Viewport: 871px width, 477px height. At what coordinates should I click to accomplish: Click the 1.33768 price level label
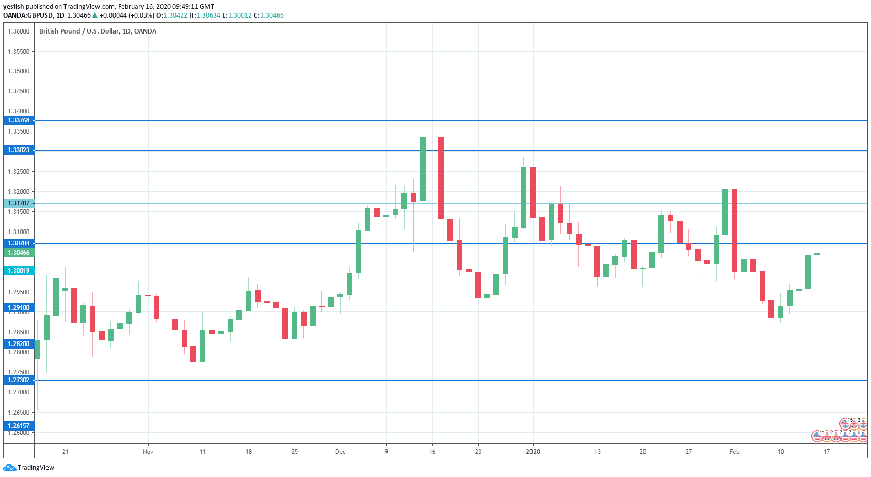click(x=19, y=120)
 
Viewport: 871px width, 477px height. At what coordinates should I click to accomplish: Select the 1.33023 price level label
click(x=19, y=150)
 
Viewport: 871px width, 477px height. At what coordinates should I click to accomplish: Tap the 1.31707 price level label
click(x=19, y=203)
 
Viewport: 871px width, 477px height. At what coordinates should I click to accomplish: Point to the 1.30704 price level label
click(x=19, y=243)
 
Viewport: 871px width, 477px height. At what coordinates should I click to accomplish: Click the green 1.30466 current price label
click(x=19, y=253)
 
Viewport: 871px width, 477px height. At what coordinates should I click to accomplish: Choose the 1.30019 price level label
click(x=19, y=271)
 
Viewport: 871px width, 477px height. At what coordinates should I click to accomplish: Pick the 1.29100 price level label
click(x=19, y=308)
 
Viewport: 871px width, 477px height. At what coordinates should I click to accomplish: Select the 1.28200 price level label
click(x=19, y=344)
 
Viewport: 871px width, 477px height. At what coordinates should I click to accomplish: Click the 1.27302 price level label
click(x=19, y=380)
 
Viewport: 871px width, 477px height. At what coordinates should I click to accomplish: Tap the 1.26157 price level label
click(x=19, y=426)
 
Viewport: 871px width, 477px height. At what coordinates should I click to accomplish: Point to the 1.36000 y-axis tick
click(x=19, y=31)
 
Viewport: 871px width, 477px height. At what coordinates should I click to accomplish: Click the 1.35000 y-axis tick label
click(x=19, y=71)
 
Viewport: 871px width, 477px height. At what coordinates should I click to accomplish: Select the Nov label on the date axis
click(x=148, y=452)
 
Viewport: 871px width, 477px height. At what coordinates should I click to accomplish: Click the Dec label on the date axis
click(x=341, y=452)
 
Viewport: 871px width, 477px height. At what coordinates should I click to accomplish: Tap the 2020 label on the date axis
click(x=533, y=452)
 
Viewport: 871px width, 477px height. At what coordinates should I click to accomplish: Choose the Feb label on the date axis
click(x=734, y=452)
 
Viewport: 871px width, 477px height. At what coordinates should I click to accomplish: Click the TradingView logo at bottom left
click(x=29, y=468)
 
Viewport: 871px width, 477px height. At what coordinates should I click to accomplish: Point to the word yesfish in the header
click(x=13, y=7)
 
